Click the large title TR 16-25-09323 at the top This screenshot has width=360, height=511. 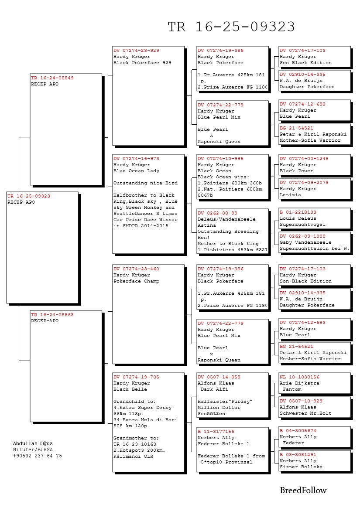tap(231, 27)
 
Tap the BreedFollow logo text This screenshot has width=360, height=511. tap(303, 491)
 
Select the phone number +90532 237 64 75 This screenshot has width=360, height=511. tap(37, 456)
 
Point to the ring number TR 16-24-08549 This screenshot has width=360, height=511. tap(52, 78)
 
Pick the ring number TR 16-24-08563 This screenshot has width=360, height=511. tap(52, 314)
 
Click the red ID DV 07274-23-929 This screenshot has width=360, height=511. tap(136, 51)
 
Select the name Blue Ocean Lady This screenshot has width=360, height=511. tap(130, 171)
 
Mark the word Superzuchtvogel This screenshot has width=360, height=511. tap(302, 225)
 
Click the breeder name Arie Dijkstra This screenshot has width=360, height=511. tap(299, 383)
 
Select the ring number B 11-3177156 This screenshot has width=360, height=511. tap(216, 432)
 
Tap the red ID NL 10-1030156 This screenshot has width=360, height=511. tap(299, 377)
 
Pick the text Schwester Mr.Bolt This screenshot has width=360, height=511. tap(305, 413)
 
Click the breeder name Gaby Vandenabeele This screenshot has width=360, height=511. tap(305, 242)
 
